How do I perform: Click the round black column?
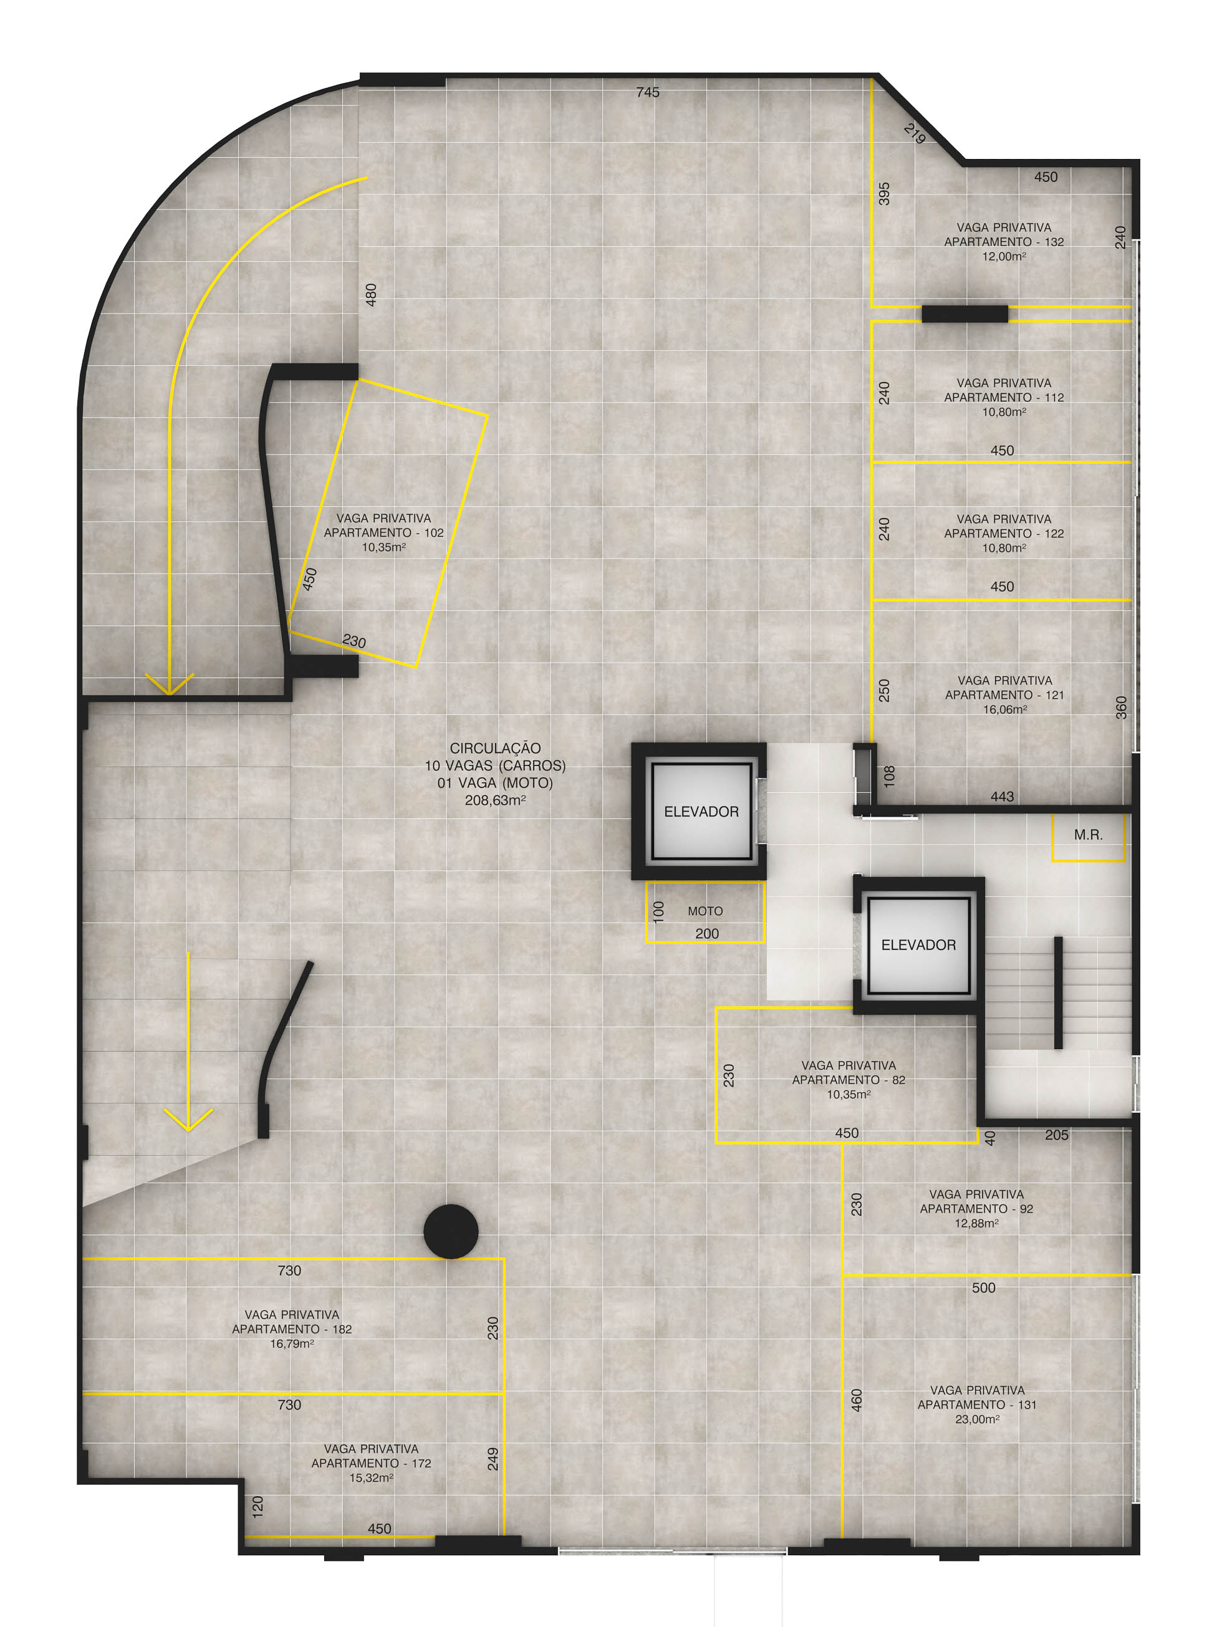point(451,1232)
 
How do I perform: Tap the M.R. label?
point(1088,835)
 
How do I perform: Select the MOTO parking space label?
point(705,911)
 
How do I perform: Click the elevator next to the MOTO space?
point(701,811)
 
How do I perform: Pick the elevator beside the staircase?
point(918,945)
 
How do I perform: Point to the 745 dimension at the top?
point(648,92)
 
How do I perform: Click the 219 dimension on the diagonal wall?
point(914,133)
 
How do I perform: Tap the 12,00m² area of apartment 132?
point(1004,257)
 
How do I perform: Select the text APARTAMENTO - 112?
point(1004,398)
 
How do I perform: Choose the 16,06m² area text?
point(1004,710)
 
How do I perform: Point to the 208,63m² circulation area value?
point(495,800)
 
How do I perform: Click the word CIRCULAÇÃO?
point(495,748)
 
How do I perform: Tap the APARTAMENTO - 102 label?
point(383,533)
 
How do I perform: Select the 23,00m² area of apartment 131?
point(977,1419)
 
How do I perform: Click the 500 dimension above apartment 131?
point(983,1288)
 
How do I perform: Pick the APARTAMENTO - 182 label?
point(292,1329)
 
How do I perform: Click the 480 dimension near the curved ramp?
point(371,295)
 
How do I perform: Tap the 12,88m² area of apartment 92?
point(976,1224)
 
